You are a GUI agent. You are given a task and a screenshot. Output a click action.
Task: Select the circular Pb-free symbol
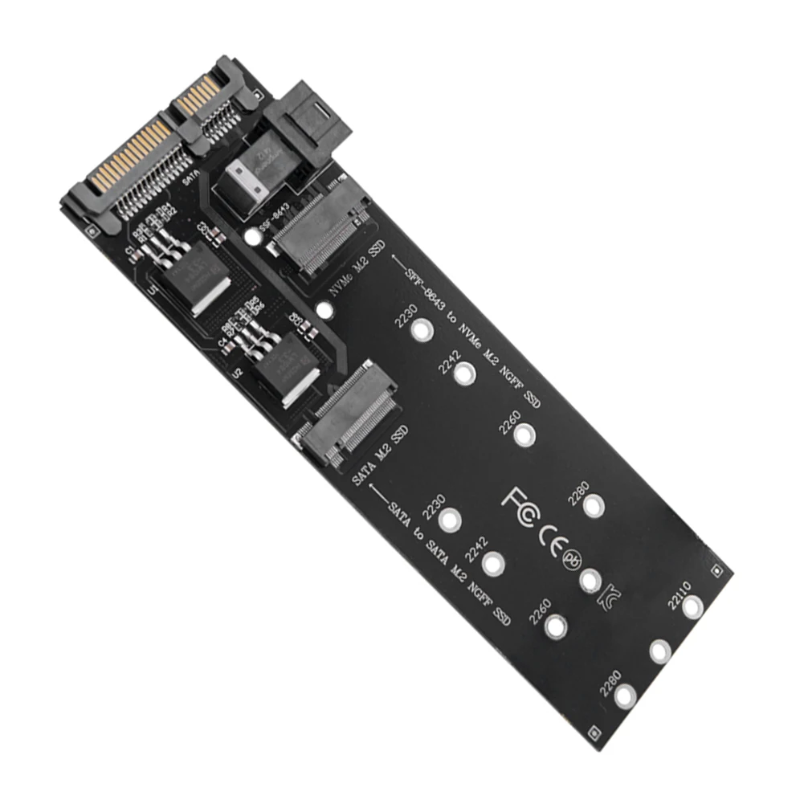[x=573, y=557]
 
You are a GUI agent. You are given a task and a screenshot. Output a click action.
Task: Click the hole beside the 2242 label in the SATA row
[x=493, y=564]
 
